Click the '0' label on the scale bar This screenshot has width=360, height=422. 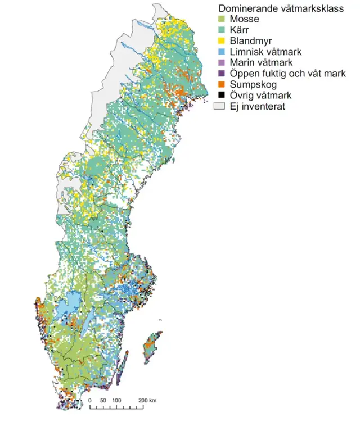tap(90, 400)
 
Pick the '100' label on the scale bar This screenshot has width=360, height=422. tap(117, 400)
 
